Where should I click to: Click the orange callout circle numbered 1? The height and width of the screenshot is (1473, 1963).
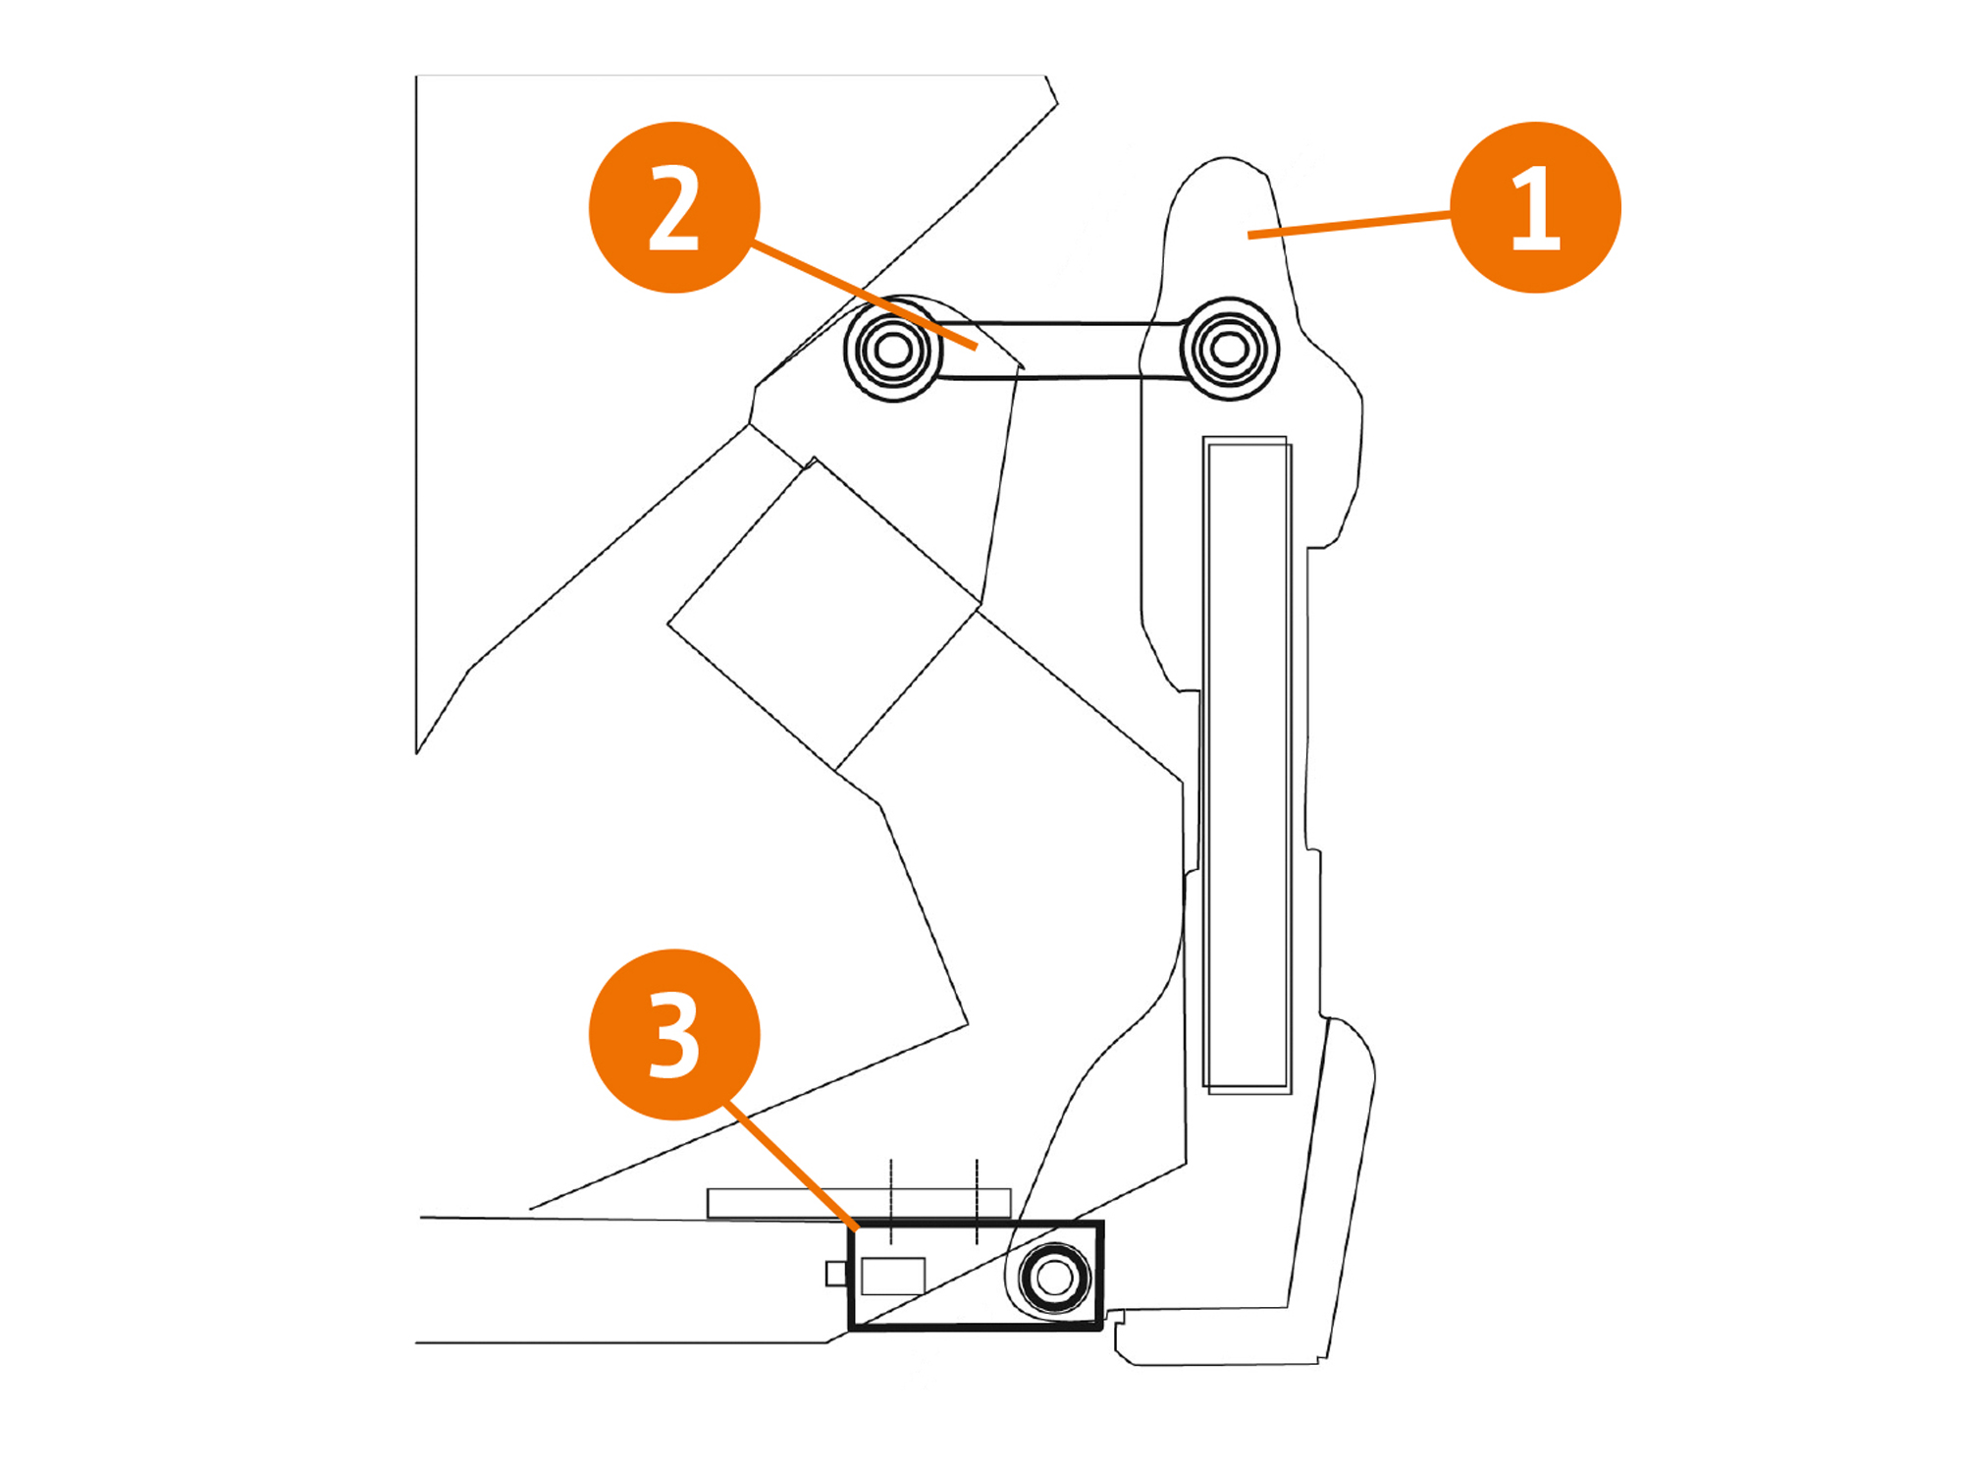pyautogui.click(x=1535, y=207)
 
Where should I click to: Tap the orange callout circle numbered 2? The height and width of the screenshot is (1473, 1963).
pyautogui.click(x=674, y=207)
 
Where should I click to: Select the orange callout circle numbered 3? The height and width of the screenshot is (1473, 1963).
pyautogui.click(x=674, y=1034)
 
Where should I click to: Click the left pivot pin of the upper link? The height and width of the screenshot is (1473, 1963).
pyautogui.click(x=893, y=349)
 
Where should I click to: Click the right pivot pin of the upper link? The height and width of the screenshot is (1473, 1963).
pyautogui.click(x=1229, y=348)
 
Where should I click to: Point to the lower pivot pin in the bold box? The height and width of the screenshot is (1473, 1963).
pyautogui.click(x=1055, y=1278)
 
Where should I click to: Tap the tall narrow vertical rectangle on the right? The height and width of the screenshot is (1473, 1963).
pyautogui.click(x=1247, y=766)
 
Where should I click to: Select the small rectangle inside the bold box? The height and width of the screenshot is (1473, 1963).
pyautogui.click(x=893, y=1276)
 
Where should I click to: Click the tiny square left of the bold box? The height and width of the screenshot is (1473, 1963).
pyautogui.click(x=836, y=1274)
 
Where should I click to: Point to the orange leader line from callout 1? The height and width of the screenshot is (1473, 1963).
pyautogui.click(x=1350, y=225)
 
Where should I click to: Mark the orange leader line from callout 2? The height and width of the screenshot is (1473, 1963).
pyautogui.click(x=864, y=296)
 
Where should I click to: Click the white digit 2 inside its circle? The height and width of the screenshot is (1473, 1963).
pyautogui.click(x=674, y=207)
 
